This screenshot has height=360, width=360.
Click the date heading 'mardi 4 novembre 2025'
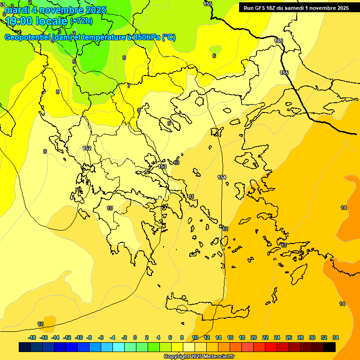pyautogui.click(x=55, y=10)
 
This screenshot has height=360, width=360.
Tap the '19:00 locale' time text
pyautogui.click(x=36, y=21)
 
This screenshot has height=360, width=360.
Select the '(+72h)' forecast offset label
pyautogui.click(x=81, y=21)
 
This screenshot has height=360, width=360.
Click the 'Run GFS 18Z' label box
pyautogui.click(x=296, y=7)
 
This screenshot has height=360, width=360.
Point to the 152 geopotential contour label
pyautogui.click(x=87, y=148)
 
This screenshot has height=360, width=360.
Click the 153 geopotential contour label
pyautogui.click(x=162, y=166)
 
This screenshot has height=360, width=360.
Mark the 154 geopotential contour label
pyautogui.click(x=222, y=177)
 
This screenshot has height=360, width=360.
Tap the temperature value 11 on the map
pyautogui.click(x=191, y=196)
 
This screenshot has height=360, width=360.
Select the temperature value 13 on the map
pyautogui.click(x=283, y=245)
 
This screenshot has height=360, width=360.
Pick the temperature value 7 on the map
pyautogui.click(x=129, y=86)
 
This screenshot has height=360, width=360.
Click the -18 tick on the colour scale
pyautogui.click(x=32, y=337)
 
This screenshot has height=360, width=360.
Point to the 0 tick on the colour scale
pyautogui.click(x=135, y=337)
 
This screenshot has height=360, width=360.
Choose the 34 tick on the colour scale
pyautogui.click(x=336, y=337)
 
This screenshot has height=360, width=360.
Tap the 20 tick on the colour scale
pyautogui.click(x=253, y=337)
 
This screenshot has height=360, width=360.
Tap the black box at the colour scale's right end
pyautogui.click(x=330, y=347)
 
